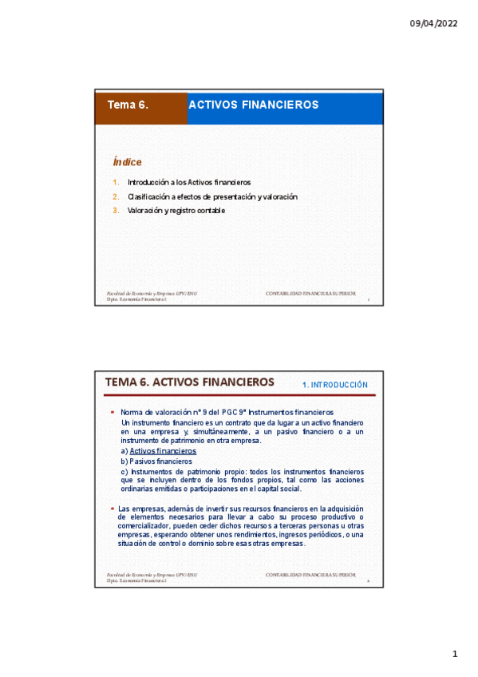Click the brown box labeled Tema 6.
point(141,105)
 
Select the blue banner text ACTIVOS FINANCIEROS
point(253,105)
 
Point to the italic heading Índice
point(127,162)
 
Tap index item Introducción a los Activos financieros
point(189,183)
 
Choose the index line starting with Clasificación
point(212,196)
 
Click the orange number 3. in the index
point(116,210)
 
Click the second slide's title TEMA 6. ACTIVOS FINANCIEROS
point(190,382)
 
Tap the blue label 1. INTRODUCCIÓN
point(335,384)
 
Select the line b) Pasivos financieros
point(156,461)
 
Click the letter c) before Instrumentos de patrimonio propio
point(124,471)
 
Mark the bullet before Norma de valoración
point(113,412)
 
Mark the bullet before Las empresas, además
point(113,509)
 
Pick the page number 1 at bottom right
point(455,655)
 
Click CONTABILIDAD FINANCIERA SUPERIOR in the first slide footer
point(311,294)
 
